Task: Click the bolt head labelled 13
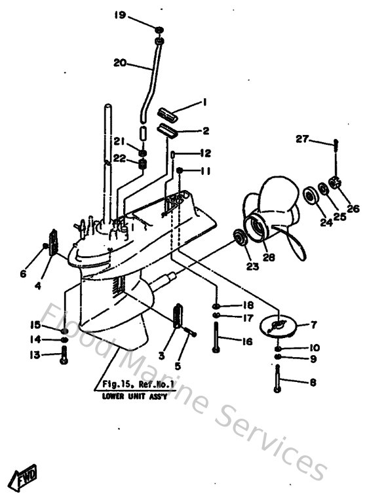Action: (x=64, y=356)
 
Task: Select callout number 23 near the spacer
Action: (x=251, y=267)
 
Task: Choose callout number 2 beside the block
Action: (x=205, y=131)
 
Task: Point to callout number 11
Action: (x=205, y=172)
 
